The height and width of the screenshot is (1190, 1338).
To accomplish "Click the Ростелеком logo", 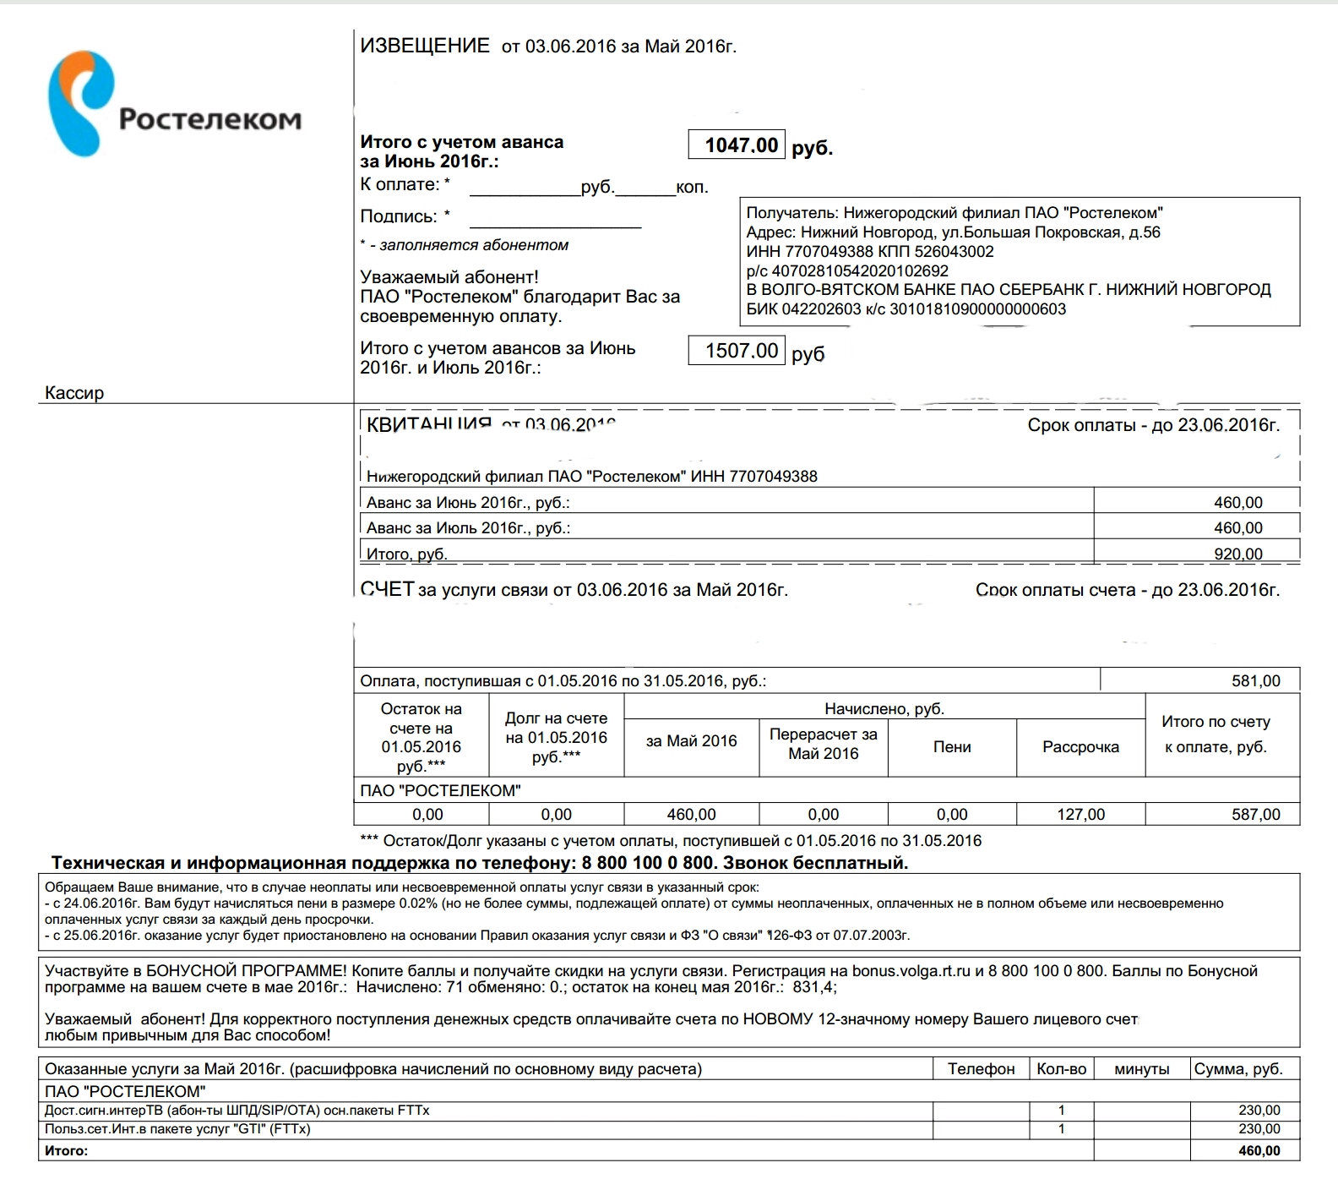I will point(172,104).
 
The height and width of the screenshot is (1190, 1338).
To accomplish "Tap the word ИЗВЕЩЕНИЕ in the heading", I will point(425,46).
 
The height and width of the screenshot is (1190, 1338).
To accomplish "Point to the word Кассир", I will point(74,393).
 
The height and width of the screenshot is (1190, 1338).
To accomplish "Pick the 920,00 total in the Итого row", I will point(1237,554).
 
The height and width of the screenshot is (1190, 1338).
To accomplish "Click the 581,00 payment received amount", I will point(1255,681).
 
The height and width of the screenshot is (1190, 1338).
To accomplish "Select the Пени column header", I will point(952,747).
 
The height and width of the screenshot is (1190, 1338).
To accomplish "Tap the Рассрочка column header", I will point(1080,747).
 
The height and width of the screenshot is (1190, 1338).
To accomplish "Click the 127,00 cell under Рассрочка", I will point(1080,815).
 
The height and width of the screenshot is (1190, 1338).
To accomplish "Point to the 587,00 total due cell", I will point(1255,815).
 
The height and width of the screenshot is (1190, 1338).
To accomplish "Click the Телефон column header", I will point(981,1069).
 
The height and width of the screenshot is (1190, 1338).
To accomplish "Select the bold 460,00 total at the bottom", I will point(1259,1151).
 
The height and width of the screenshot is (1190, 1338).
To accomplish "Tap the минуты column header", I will point(1141,1069).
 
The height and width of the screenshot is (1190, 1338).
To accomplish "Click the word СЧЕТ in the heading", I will point(387,589).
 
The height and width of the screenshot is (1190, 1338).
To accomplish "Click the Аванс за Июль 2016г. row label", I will point(468,528).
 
